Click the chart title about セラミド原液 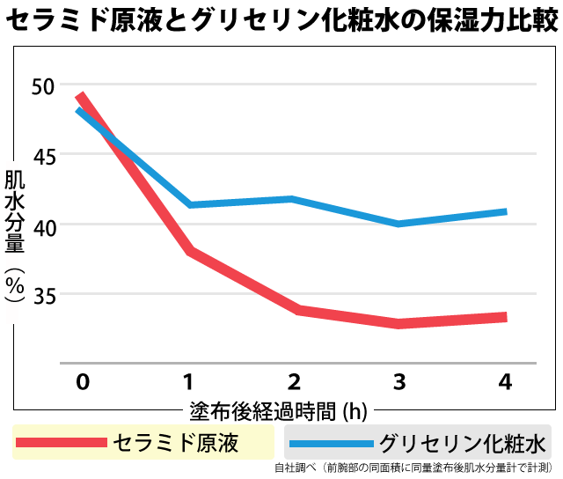click(281, 19)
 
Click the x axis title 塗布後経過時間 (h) click(278, 410)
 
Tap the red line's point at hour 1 click(188, 251)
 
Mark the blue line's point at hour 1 click(188, 205)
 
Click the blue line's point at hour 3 click(399, 224)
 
